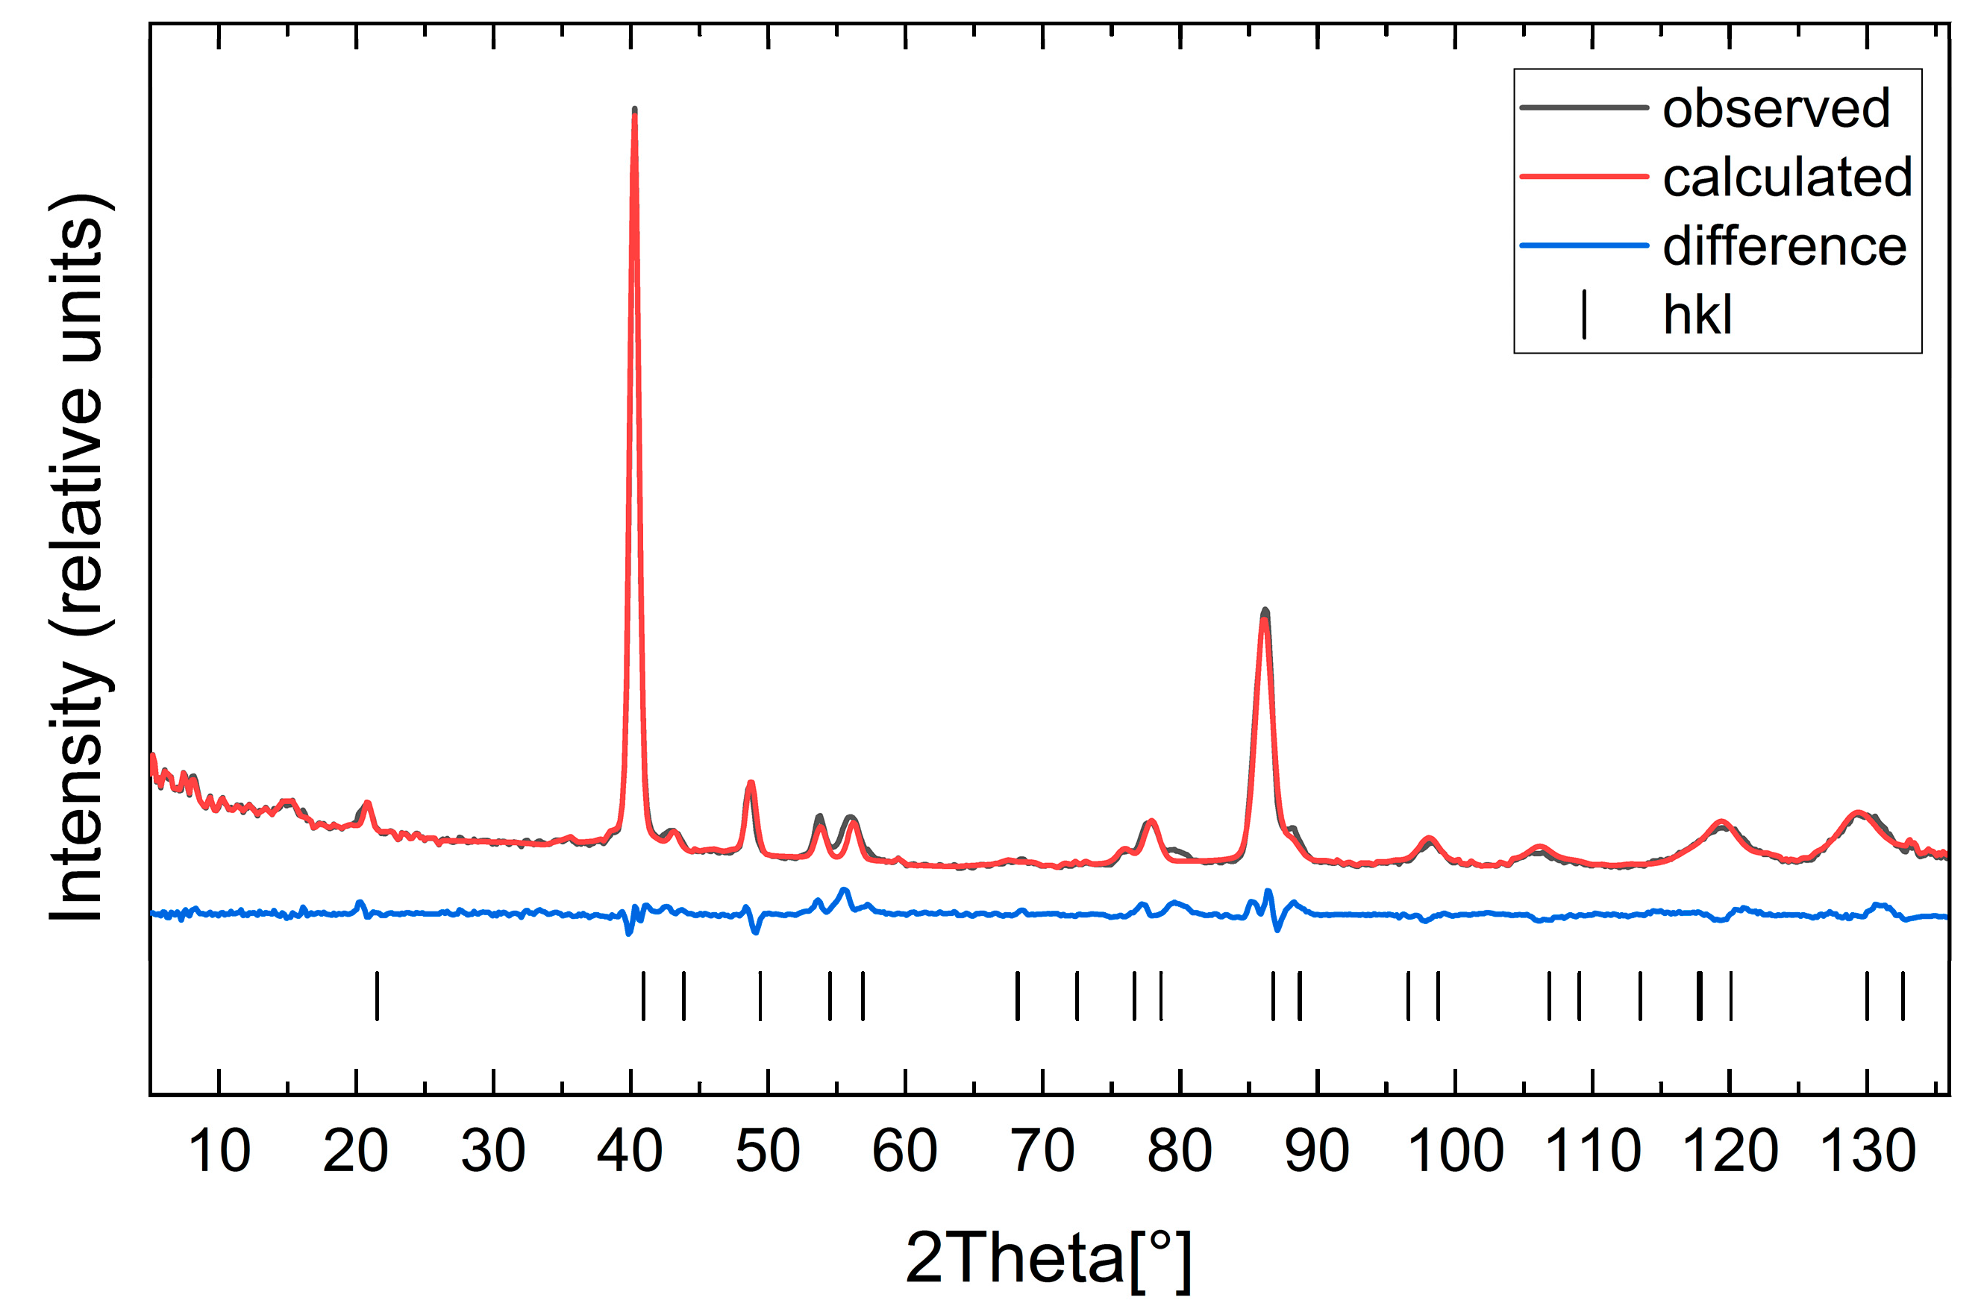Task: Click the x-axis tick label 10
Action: tap(219, 1152)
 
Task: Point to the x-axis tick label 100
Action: tap(1454, 1152)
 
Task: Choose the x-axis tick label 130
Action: tap(1867, 1152)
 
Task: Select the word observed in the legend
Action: tap(1776, 108)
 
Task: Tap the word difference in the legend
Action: tap(1784, 246)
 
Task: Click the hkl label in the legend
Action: tap(1697, 316)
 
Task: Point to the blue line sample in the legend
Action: tap(1583, 246)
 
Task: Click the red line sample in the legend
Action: tap(1583, 177)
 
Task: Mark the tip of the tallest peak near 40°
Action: tap(634, 110)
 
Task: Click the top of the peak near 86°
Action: tap(1265, 612)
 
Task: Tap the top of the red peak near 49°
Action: tap(751, 783)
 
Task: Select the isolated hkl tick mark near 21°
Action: tap(377, 996)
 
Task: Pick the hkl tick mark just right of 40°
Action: tap(642, 996)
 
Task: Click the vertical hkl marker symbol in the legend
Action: tap(1583, 315)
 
